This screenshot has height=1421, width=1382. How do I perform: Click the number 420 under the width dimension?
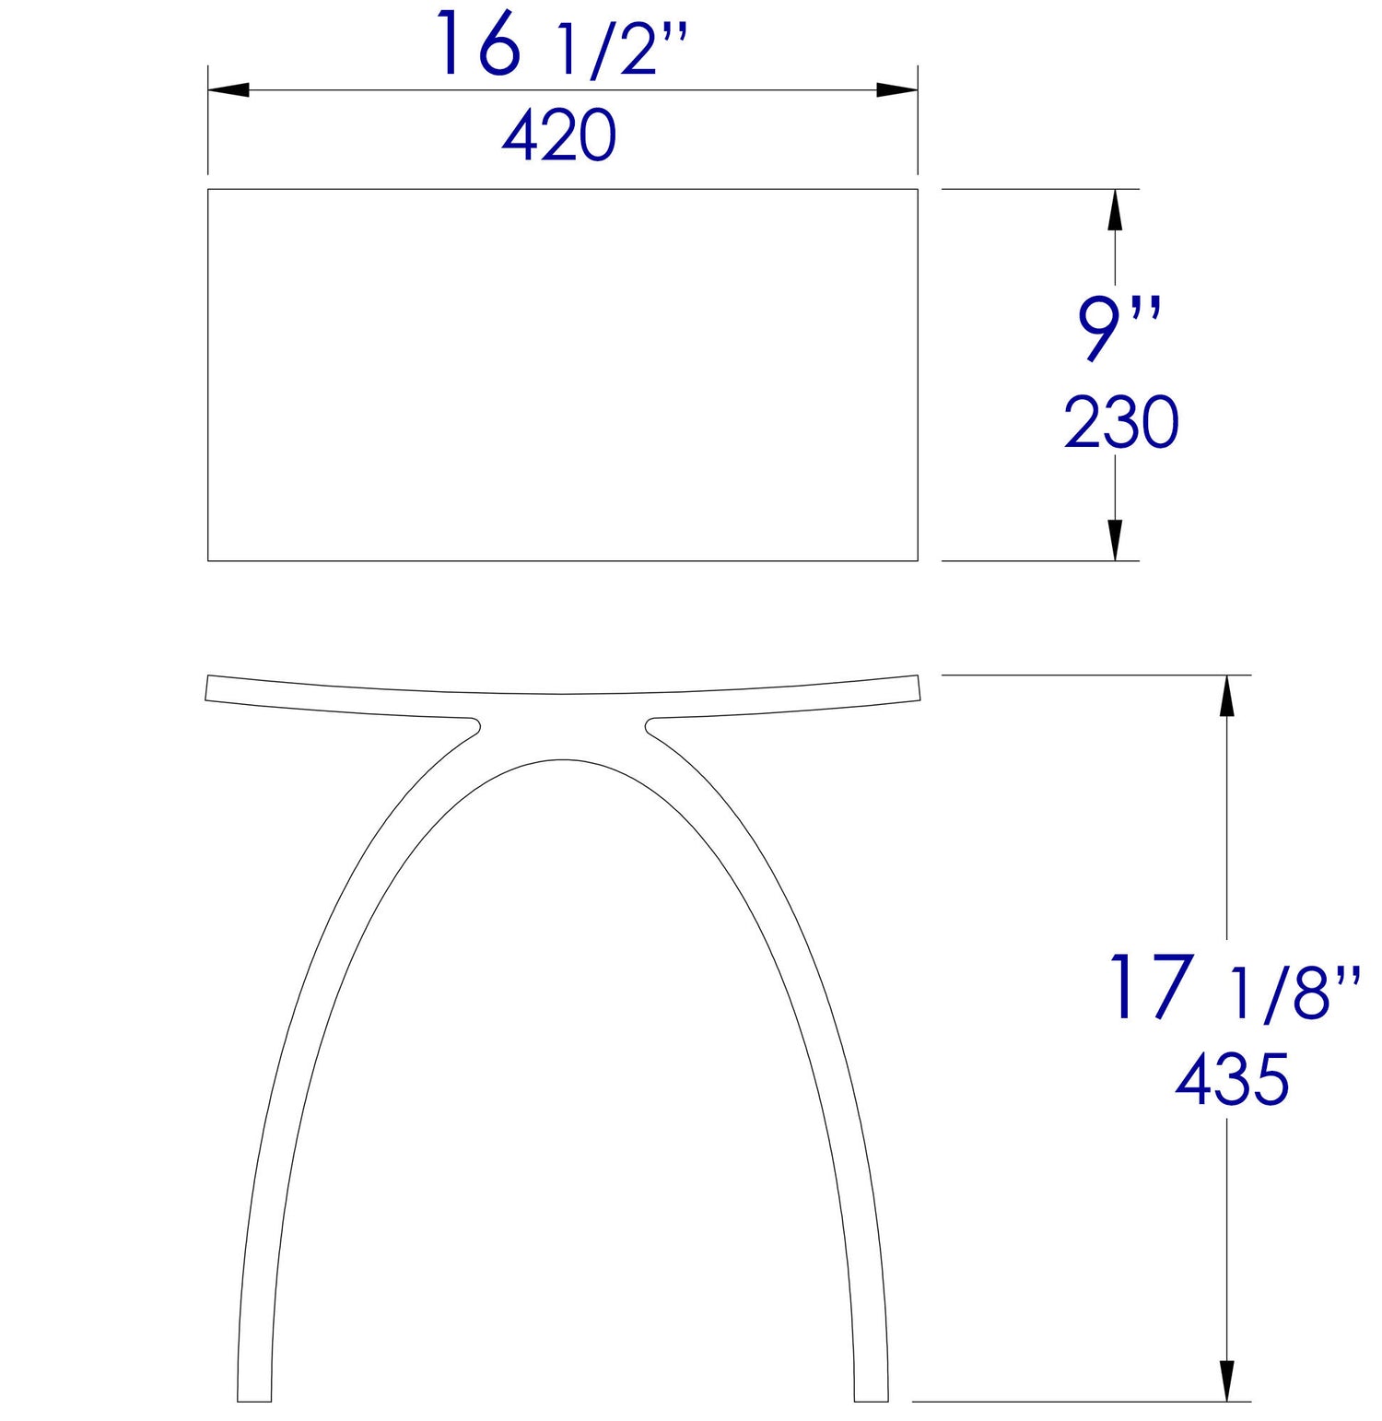pos(559,136)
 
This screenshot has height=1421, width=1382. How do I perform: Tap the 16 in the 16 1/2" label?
pos(479,44)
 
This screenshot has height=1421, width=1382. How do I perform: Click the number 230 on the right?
pos(1121,423)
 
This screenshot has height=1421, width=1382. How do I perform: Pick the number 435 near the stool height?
pos(1232,1080)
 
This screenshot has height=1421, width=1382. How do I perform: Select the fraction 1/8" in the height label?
pos(1294,993)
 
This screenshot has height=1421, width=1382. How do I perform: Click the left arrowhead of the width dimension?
pos(228,90)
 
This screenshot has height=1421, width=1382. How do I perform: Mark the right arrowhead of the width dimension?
pos(896,90)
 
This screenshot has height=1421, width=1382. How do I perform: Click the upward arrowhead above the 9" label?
pos(1115,209)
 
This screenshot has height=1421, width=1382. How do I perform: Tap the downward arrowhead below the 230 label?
pos(1115,540)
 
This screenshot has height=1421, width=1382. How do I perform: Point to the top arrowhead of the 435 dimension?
pos(1226,696)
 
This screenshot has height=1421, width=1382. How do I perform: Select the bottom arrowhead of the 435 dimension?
pos(1226,1380)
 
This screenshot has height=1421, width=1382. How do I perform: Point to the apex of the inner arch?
pos(563,759)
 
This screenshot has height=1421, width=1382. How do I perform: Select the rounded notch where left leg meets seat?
pos(475,725)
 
